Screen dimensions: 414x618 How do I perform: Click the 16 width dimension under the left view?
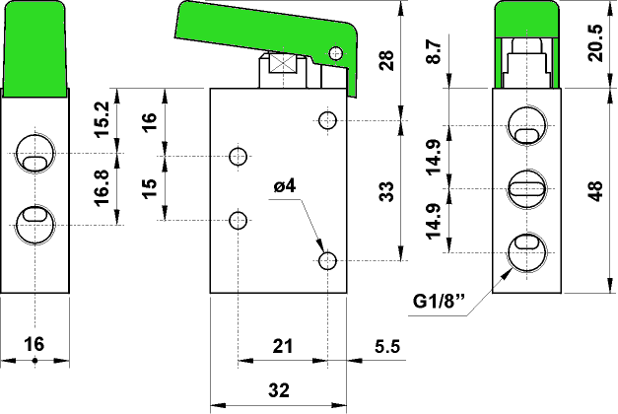click(34, 344)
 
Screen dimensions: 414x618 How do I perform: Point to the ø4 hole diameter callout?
click(285, 185)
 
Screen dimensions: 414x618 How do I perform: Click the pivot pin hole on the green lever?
click(336, 53)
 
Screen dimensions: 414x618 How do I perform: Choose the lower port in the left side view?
click(34, 219)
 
